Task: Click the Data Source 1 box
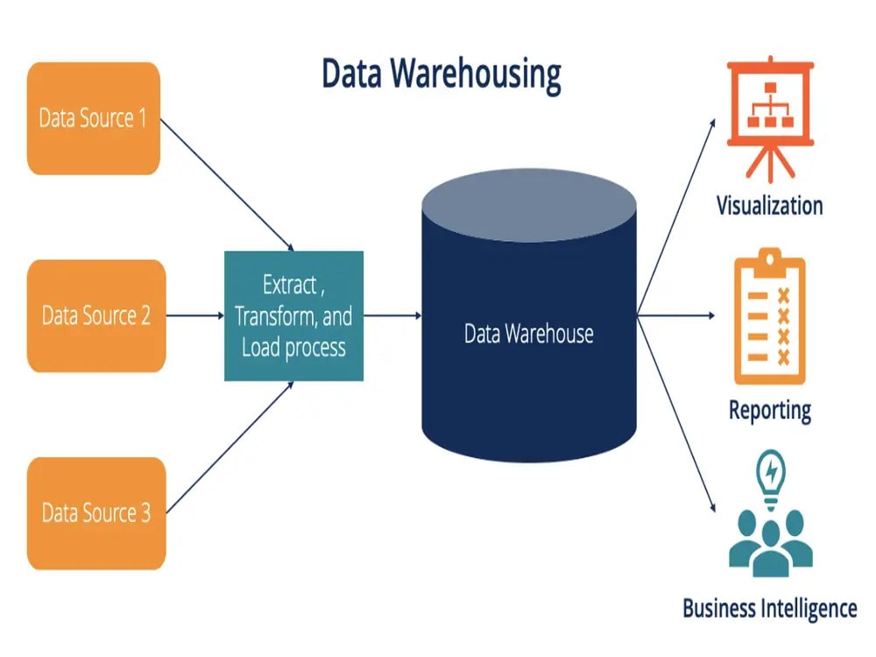pos(94,118)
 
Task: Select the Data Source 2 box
pos(95,315)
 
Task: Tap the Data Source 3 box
pos(95,513)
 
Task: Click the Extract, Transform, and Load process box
pos(293,315)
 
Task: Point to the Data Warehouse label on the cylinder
pos(528,334)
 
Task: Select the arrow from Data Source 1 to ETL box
pos(228,185)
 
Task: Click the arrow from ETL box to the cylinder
pos(392,315)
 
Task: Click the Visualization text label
pos(769,206)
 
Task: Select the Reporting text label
pos(769,409)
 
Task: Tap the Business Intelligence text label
pos(769,607)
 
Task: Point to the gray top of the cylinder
pos(528,206)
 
